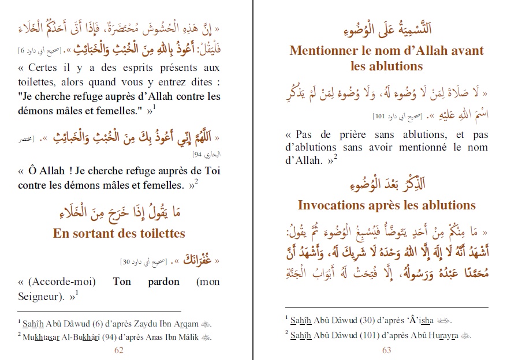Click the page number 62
[119, 349]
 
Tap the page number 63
[386, 349]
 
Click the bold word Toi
[211, 171]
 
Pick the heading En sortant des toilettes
[119, 233]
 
